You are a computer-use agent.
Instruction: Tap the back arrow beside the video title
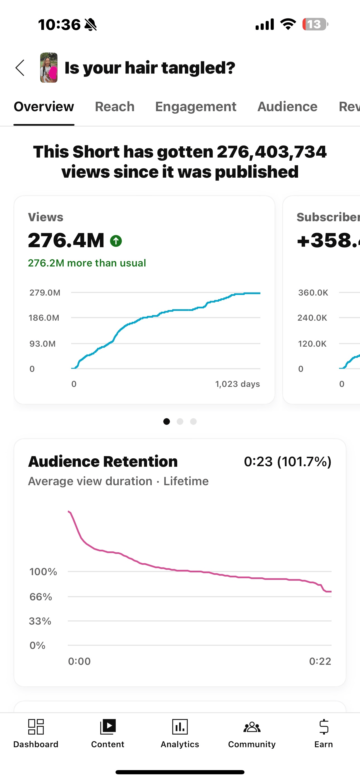point(20,68)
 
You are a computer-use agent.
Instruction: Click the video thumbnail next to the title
point(49,68)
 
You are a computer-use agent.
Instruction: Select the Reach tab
point(114,107)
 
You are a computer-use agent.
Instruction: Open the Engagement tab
point(195,107)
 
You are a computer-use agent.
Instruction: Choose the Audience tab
point(287,107)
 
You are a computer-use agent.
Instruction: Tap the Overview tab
point(44,107)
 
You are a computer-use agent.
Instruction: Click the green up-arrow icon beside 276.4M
point(116,241)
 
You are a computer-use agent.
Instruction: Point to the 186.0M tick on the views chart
point(44,318)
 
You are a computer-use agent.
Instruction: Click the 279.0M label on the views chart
point(45,292)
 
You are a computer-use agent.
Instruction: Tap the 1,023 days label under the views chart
point(237,384)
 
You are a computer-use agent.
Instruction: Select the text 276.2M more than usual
point(87,263)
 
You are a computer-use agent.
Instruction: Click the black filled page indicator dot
point(166,422)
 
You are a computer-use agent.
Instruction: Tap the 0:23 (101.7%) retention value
point(287,462)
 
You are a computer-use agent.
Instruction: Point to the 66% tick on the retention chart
point(41,597)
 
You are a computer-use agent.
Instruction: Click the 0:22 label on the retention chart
point(320,661)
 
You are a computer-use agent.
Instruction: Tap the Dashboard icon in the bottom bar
point(36,727)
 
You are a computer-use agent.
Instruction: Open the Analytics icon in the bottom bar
point(180,727)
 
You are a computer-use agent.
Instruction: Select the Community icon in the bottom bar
point(252,727)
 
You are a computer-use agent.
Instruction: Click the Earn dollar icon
point(324,727)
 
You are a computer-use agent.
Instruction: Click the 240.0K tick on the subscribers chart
point(312,318)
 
